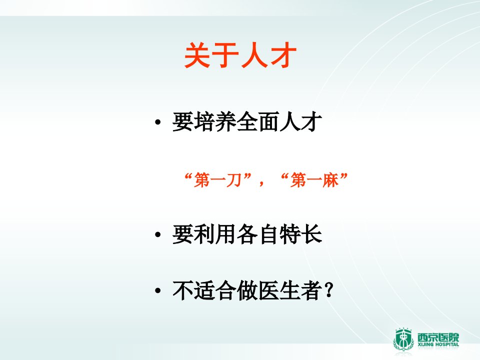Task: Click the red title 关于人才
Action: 240,55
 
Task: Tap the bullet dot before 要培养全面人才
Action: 157,122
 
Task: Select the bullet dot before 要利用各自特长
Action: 157,235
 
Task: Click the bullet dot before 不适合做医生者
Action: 157,290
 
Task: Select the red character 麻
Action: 331,179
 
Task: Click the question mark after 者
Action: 329,290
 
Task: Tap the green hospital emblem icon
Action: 403,340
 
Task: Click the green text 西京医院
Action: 438,337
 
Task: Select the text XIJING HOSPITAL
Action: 438,344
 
